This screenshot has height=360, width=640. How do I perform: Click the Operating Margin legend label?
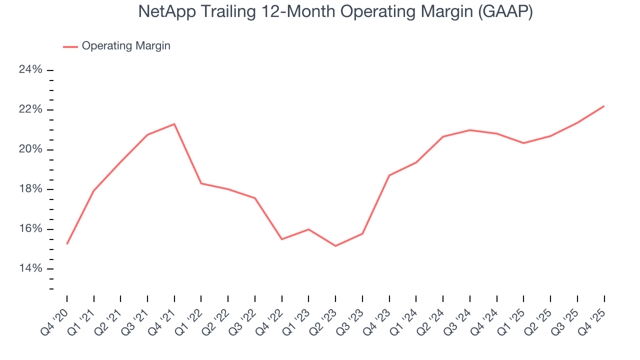pyautogui.click(x=126, y=46)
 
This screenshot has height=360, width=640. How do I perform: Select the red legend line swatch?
pyautogui.click(x=70, y=46)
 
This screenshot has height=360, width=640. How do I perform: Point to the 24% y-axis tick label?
pyautogui.click(x=30, y=70)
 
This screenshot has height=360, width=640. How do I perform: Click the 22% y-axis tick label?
pyautogui.click(x=30, y=110)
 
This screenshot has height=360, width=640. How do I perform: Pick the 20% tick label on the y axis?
pyautogui.click(x=30, y=150)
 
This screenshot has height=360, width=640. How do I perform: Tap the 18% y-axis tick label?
pyautogui.click(x=30, y=189)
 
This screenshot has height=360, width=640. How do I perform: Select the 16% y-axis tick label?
pyautogui.click(x=30, y=229)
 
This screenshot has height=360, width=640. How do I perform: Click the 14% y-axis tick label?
pyautogui.click(x=30, y=269)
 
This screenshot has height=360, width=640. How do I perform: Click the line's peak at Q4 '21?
pyautogui.click(x=174, y=124)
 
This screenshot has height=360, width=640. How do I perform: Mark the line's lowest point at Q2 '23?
pyautogui.click(x=335, y=246)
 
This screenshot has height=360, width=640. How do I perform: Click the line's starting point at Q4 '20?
pyautogui.click(x=67, y=243)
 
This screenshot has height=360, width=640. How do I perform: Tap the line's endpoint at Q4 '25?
pyautogui.click(x=604, y=106)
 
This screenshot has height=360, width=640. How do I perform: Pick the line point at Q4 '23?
pyautogui.click(x=389, y=175)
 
